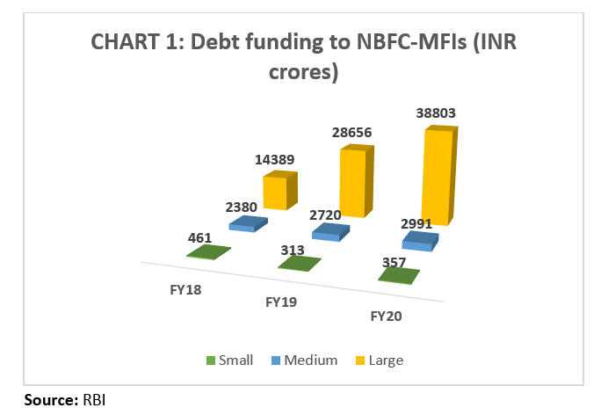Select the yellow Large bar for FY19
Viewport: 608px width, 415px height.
pos(354,183)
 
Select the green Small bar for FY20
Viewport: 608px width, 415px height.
pos(397,275)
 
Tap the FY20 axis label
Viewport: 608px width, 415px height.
pos(387,316)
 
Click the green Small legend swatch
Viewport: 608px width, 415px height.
pos(210,360)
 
